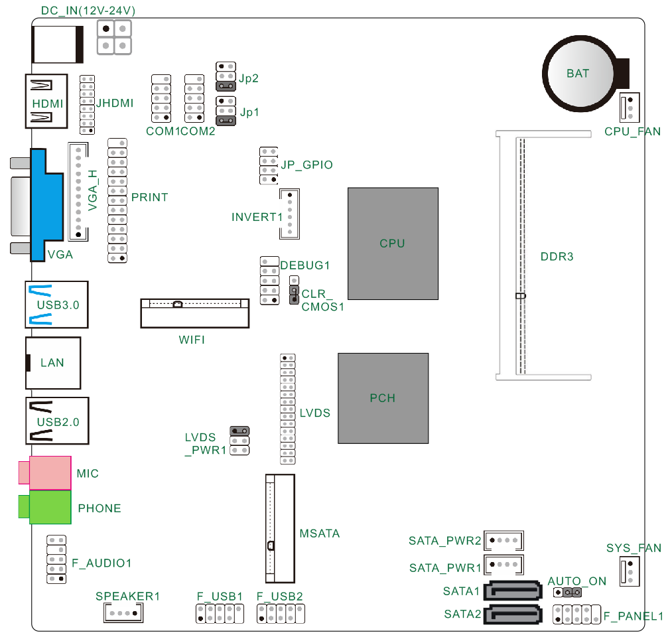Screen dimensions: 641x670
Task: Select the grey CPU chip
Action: click(x=393, y=243)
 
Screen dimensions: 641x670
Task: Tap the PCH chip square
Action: click(x=383, y=398)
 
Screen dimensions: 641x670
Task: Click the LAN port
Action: click(x=53, y=362)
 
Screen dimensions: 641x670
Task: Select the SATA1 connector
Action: click(x=513, y=590)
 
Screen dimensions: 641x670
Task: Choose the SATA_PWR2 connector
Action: click(x=504, y=540)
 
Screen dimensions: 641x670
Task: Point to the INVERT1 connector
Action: click(x=289, y=214)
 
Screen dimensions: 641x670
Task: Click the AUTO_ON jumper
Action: click(x=568, y=592)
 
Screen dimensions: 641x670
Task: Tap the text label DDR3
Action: click(x=557, y=256)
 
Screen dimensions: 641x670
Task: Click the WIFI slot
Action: click(x=194, y=313)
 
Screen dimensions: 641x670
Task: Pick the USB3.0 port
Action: click(x=57, y=305)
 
